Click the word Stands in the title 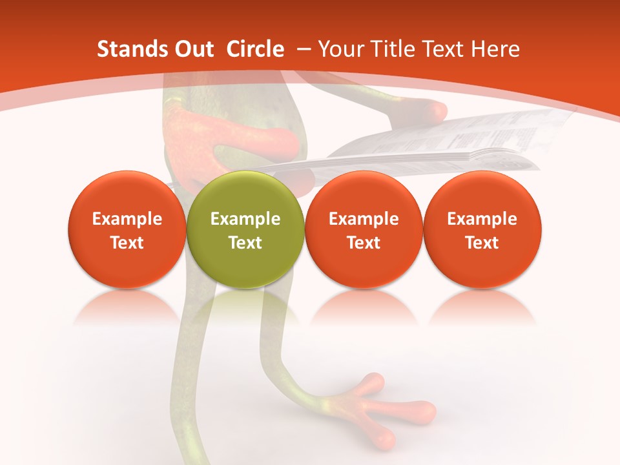point(127,49)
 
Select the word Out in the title point(192,49)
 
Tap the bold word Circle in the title point(255,49)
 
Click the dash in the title point(301,49)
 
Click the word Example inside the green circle point(245,219)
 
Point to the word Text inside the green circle point(245,243)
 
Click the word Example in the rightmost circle point(482,219)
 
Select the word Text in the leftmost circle point(127,243)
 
